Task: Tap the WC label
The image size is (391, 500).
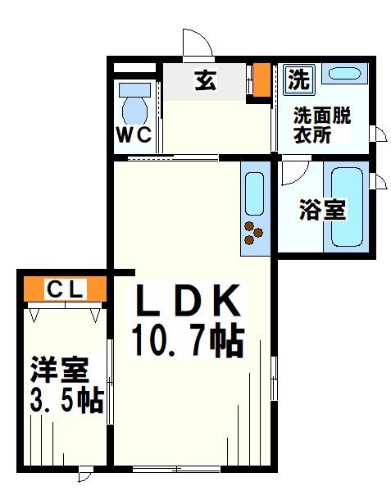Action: click(x=134, y=135)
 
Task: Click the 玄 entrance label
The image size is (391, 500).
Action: click(x=205, y=81)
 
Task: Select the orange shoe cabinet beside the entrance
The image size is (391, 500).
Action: click(x=261, y=80)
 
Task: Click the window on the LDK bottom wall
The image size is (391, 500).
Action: click(x=176, y=470)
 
